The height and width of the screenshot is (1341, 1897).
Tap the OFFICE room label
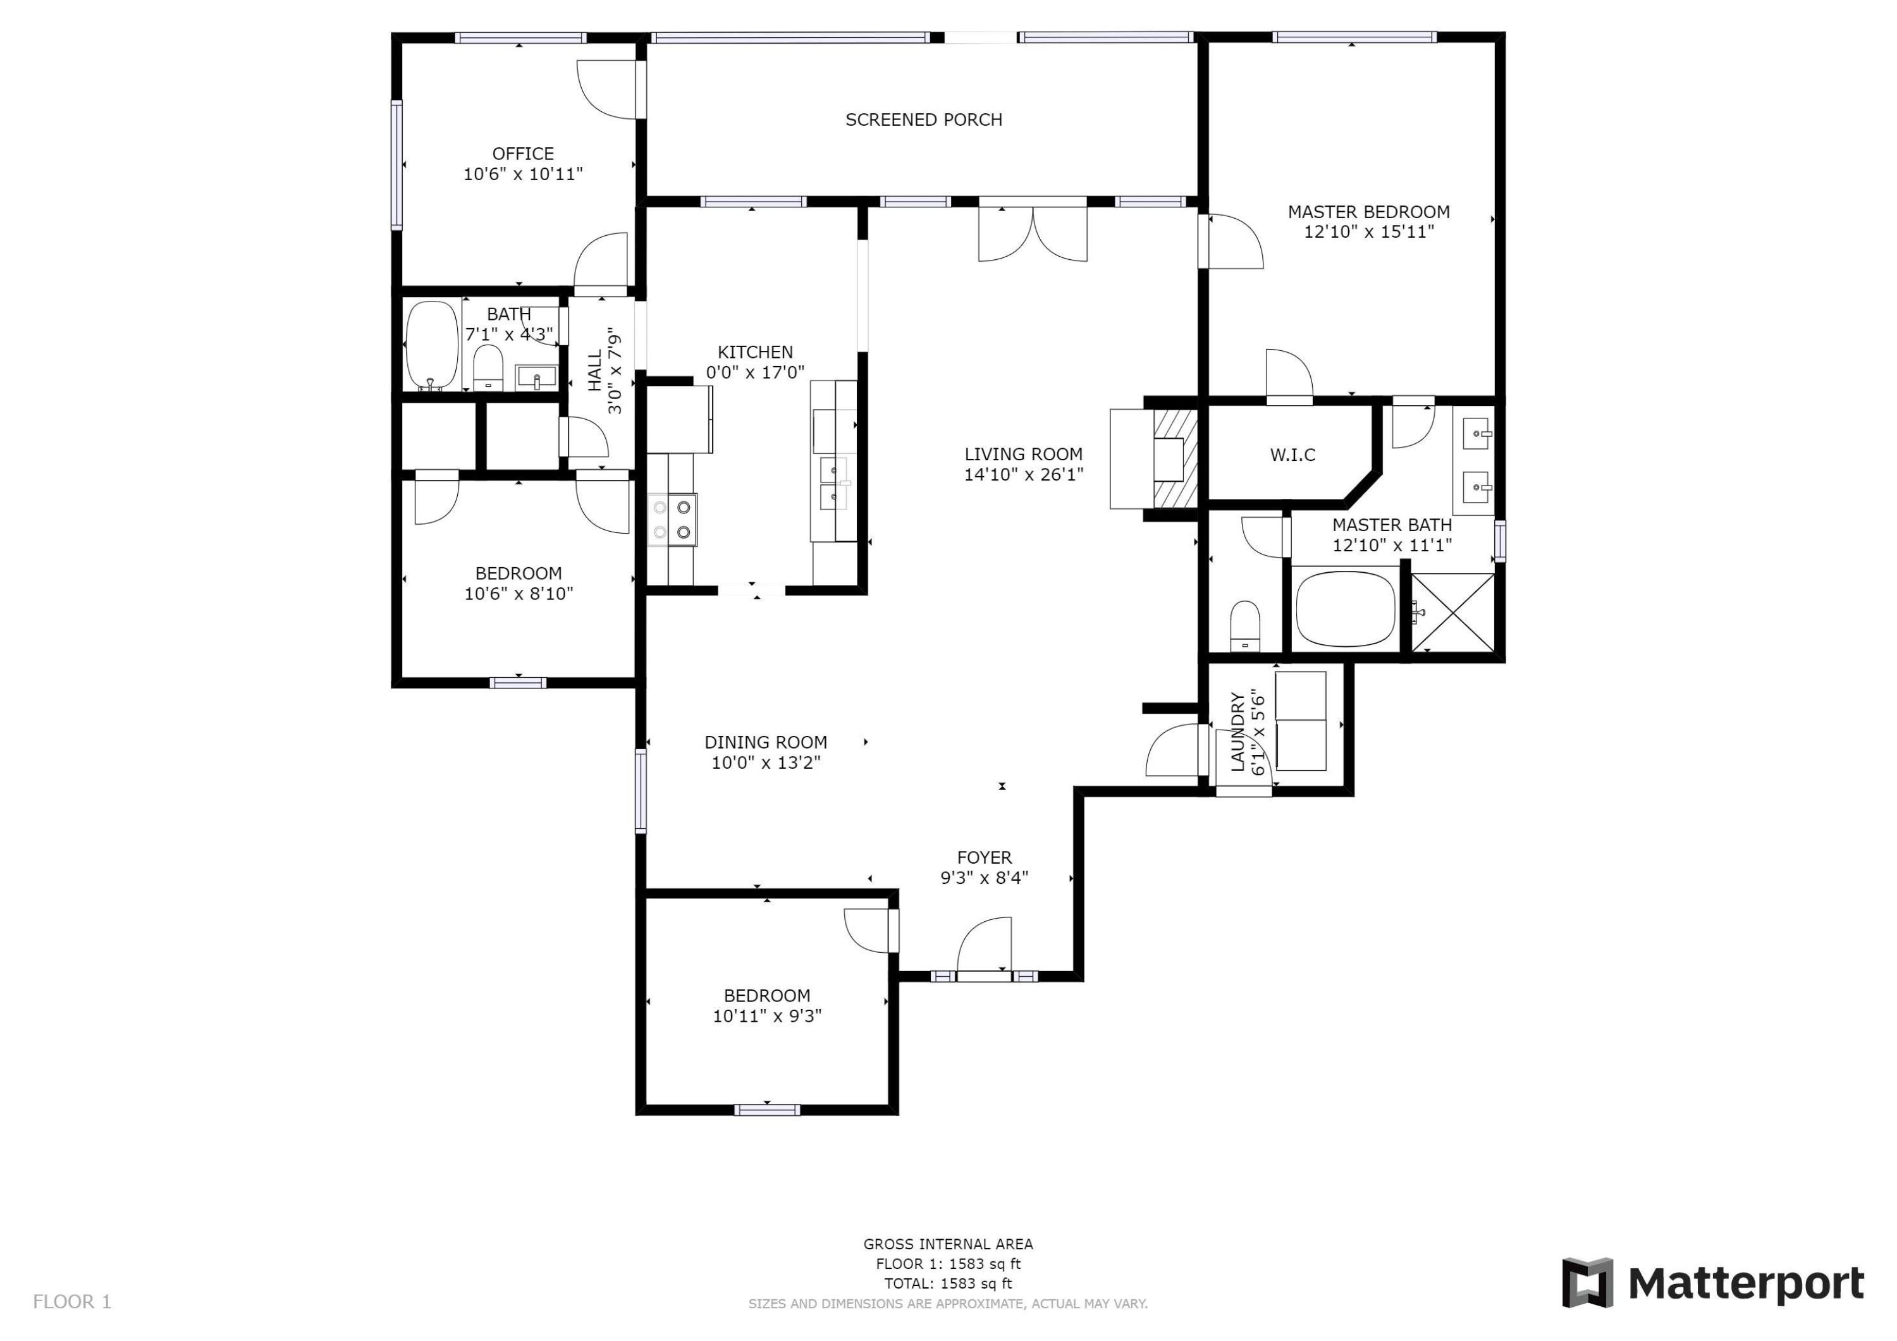click(522, 154)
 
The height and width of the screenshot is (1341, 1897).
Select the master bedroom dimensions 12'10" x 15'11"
click(1368, 232)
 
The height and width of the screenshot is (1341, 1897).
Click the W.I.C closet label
click(1292, 455)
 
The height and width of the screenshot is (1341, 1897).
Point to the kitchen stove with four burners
click(672, 520)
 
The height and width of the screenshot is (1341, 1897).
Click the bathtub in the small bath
click(432, 345)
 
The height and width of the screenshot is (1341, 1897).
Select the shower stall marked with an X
click(1452, 612)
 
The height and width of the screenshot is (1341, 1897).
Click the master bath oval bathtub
click(1345, 609)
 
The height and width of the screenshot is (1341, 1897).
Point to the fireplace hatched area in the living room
click(1174, 458)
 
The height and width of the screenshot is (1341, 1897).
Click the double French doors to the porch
click(1032, 234)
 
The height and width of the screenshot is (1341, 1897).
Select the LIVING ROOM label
click(1023, 455)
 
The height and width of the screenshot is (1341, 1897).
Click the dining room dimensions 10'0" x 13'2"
click(765, 762)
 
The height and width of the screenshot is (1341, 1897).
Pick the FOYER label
click(984, 857)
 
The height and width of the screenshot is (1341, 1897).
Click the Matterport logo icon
click(1587, 1283)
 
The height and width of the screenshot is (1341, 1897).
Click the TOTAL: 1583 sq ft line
click(948, 1283)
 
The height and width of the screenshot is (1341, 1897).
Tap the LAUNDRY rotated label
click(1237, 732)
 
